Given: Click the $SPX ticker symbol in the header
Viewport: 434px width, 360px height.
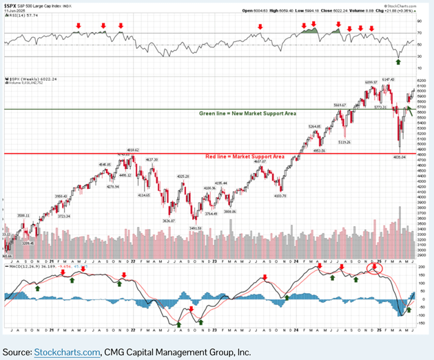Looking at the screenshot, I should click(x=11, y=5).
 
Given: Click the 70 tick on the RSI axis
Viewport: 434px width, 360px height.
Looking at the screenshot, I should click(x=419, y=32).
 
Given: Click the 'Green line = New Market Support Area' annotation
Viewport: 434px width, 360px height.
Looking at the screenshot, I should click(x=247, y=112).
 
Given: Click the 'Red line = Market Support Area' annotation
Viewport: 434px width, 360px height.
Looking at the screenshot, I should click(x=245, y=157).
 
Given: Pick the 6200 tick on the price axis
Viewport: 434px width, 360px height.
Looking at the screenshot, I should click(x=421, y=81).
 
